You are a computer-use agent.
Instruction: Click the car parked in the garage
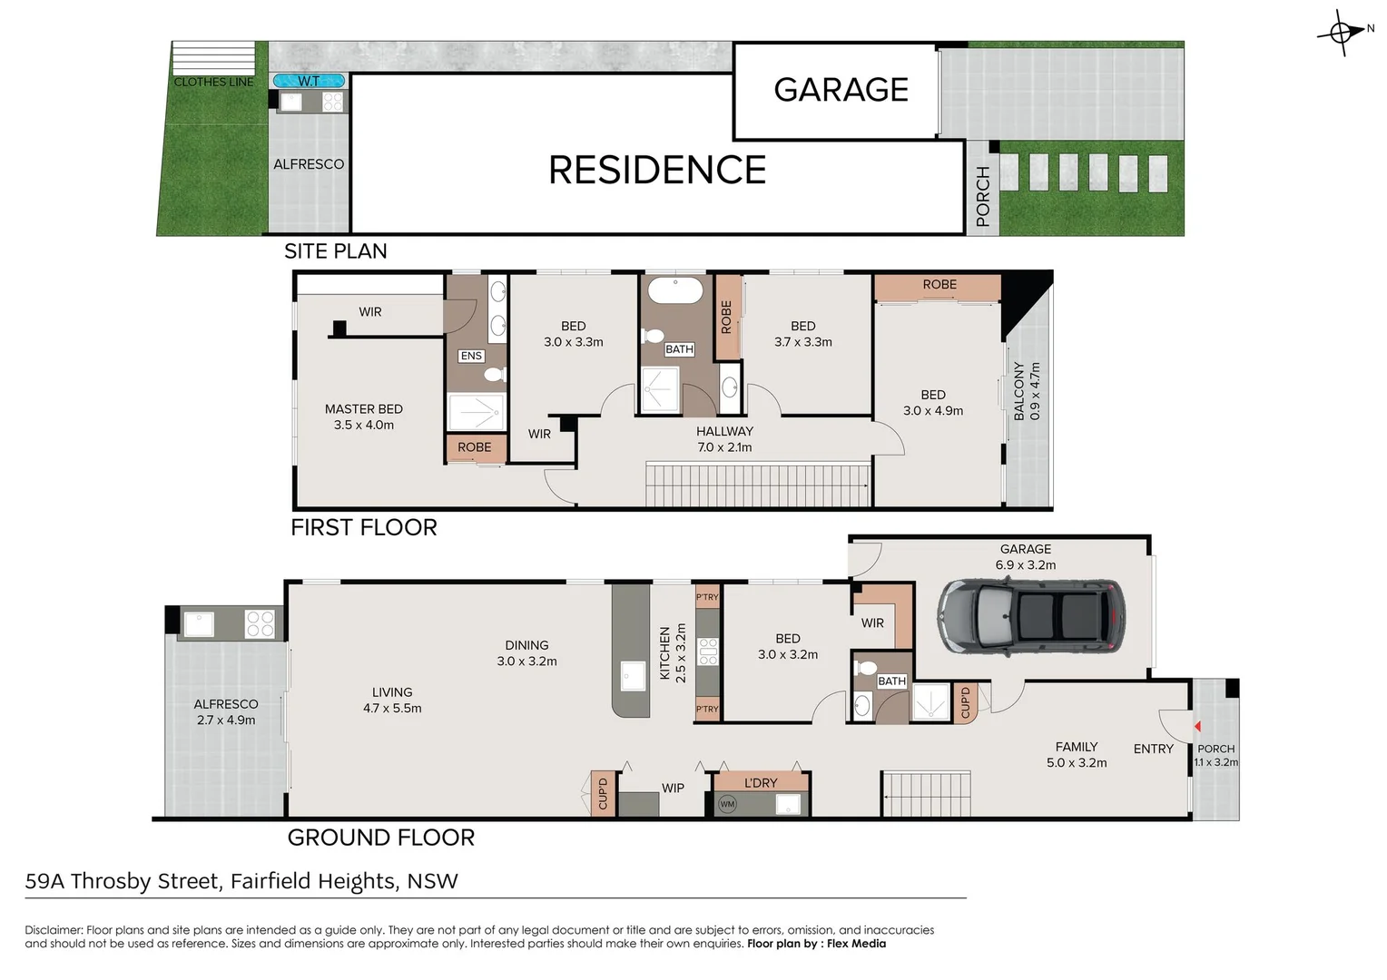click(x=1030, y=616)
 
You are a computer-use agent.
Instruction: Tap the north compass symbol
click(x=1342, y=34)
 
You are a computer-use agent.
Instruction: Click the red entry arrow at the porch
click(x=1197, y=726)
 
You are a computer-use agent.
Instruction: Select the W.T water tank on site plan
click(x=309, y=81)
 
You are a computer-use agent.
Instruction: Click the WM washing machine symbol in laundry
click(x=727, y=804)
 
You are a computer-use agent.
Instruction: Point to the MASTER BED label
click(x=363, y=409)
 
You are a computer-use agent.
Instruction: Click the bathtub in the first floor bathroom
click(x=674, y=290)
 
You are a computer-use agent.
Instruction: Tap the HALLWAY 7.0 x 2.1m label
click(x=724, y=439)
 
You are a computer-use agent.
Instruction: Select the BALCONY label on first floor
click(x=1019, y=391)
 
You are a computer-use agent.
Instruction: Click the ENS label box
click(x=471, y=356)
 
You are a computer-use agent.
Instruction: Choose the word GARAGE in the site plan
click(x=841, y=90)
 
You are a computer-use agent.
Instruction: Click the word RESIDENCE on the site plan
click(x=657, y=171)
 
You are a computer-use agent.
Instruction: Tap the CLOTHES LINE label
click(x=214, y=82)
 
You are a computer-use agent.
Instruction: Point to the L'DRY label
click(x=761, y=782)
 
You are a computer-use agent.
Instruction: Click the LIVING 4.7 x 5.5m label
click(x=392, y=700)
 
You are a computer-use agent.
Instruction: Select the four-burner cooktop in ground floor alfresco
click(x=260, y=623)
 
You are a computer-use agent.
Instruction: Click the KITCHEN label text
click(x=665, y=653)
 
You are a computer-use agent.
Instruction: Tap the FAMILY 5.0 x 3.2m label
click(x=1077, y=754)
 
